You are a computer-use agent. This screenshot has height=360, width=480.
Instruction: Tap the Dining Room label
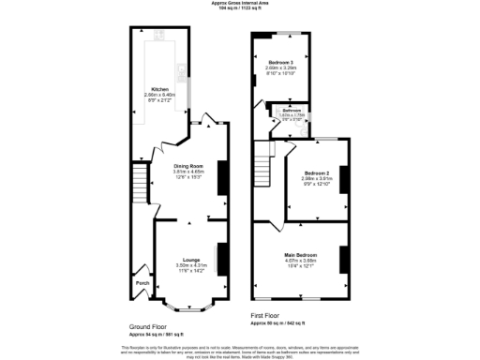click(187, 167)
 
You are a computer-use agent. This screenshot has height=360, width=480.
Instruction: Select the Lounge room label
click(189, 260)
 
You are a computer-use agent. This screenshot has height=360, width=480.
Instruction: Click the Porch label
click(142, 282)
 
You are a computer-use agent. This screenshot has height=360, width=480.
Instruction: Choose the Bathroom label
click(292, 111)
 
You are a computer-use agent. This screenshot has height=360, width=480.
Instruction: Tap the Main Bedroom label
click(302, 254)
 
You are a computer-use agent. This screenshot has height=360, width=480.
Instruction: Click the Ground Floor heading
click(148, 327)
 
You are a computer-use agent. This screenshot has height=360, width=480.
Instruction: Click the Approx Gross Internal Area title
click(241, 4)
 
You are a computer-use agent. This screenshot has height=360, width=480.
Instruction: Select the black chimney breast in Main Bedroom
click(344, 258)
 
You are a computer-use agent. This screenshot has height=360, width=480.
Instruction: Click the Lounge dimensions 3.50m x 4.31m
click(189, 266)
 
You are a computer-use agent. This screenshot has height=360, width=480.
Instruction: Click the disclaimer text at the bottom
click(240, 350)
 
